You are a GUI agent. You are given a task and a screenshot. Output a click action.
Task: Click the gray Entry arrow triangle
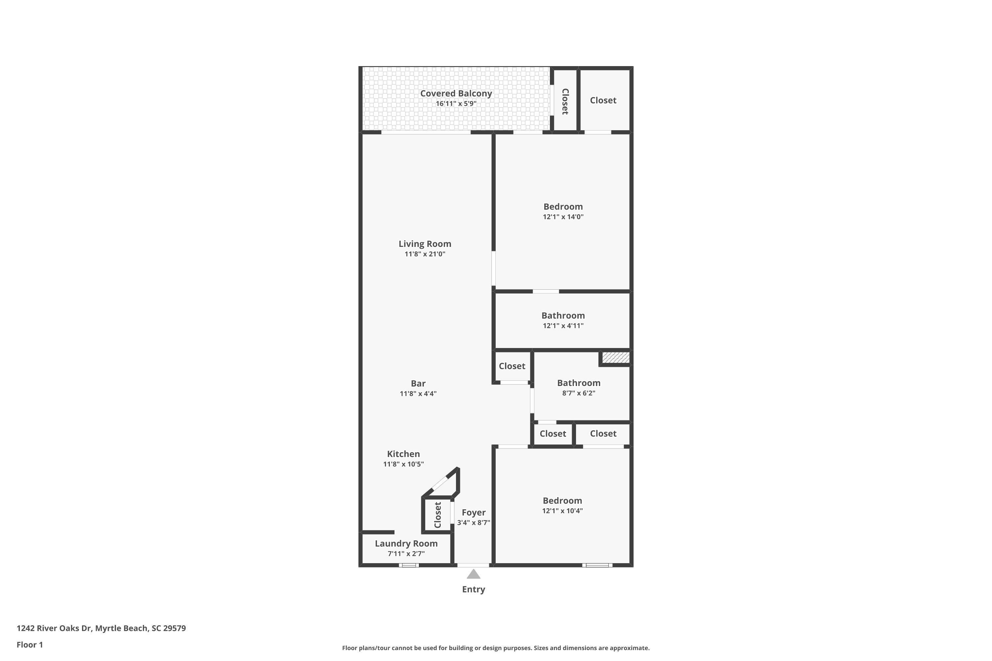473,574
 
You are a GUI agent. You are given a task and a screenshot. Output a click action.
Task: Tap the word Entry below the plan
473,589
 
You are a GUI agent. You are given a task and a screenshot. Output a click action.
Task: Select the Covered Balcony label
456,94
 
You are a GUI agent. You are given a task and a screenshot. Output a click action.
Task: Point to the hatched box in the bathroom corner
615,358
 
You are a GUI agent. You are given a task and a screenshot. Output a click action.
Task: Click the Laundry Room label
406,543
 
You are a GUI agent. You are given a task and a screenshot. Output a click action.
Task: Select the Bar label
418,383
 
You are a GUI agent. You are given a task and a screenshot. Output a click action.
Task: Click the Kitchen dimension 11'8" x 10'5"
403,464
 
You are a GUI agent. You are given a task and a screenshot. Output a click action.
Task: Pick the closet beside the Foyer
437,515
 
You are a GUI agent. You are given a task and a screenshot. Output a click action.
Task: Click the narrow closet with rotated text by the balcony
565,101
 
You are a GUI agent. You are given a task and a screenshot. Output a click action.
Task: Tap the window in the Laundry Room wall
409,565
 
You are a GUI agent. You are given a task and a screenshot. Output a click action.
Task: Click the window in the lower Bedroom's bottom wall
597,565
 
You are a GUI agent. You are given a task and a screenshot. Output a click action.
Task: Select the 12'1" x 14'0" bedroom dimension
563,217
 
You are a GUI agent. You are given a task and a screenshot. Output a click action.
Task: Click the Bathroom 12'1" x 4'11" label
563,316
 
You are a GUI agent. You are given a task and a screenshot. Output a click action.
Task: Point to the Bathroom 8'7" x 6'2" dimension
578,393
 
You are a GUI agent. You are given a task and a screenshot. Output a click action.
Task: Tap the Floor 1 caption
29,644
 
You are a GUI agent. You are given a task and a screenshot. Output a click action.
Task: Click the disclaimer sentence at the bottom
496,648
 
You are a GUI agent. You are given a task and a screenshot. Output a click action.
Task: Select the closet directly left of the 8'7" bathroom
512,366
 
